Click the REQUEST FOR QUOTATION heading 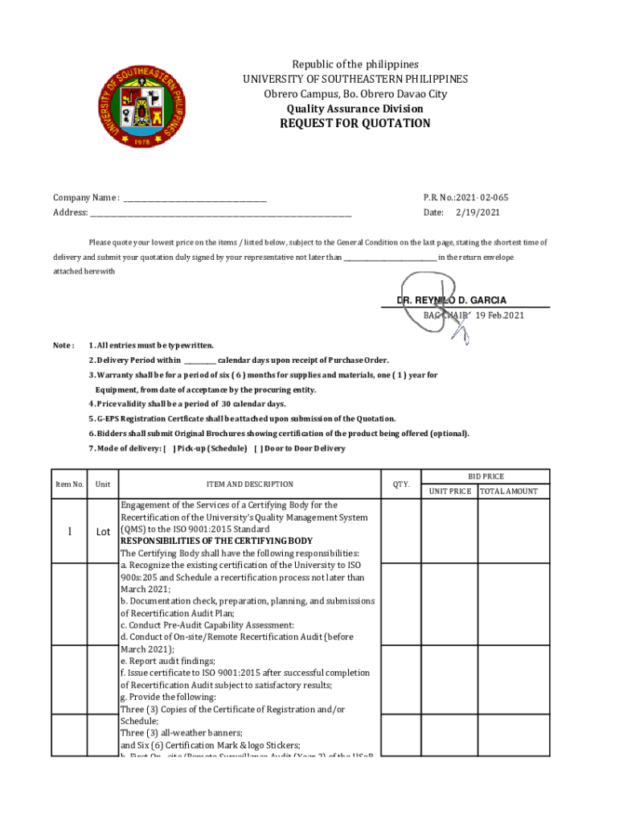(x=355, y=124)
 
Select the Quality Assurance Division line (x=355, y=109)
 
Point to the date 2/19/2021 (x=478, y=212)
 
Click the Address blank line (x=220, y=214)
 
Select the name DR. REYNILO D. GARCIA (x=451, y=300)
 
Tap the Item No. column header (x=69, y=484)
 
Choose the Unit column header (x=103, y=484)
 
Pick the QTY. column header (x=400, y=484)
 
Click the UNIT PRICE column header (x=450, y=491)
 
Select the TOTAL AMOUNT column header (x=509, y=491)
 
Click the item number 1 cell (x=70, y=531)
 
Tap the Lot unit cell (x=103, y=532)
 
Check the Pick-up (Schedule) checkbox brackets (x=170, y=448)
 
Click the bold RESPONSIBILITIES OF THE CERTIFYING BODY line (x=216, y=541)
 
